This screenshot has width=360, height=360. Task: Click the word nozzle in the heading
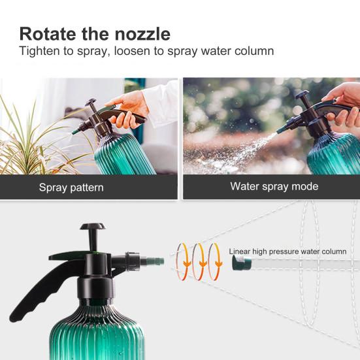(x=140, y=33)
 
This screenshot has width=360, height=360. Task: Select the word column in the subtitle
(x=254, y=51)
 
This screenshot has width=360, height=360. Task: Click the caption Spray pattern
(x=71, y=188)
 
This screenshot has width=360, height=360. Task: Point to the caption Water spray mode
(x=274, y=186)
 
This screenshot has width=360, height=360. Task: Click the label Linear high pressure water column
(x=287, y=251)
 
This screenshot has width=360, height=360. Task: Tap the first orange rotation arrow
(x=182, y=262)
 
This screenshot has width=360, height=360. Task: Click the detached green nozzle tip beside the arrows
(x=240, y=263)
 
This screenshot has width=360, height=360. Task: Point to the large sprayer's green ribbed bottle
(x=98, y=333)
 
